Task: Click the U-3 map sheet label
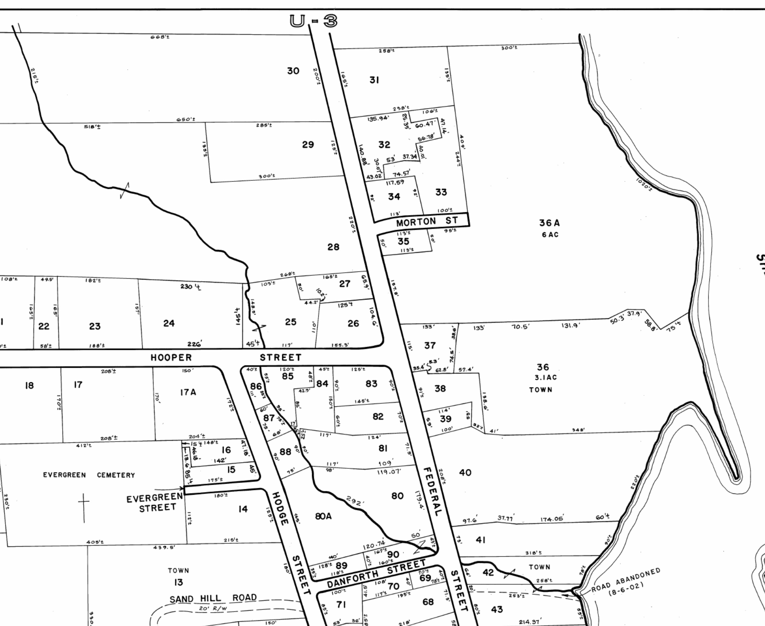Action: [313, 21]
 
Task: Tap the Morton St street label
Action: [427, 221]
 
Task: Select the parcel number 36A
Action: [549, 223]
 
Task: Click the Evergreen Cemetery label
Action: [89, 475]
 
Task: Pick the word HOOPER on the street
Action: [171, 358]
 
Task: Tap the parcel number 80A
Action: [323, 517]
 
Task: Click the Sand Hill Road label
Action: [213, 598]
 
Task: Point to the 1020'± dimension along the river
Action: [644, 184]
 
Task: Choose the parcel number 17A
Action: [188, 392]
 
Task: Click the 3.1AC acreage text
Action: [546, 378]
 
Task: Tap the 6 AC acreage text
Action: [550, 235]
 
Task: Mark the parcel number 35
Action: [403, 241]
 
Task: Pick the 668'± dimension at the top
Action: [160, 37]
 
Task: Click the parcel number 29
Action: [308, 144]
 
